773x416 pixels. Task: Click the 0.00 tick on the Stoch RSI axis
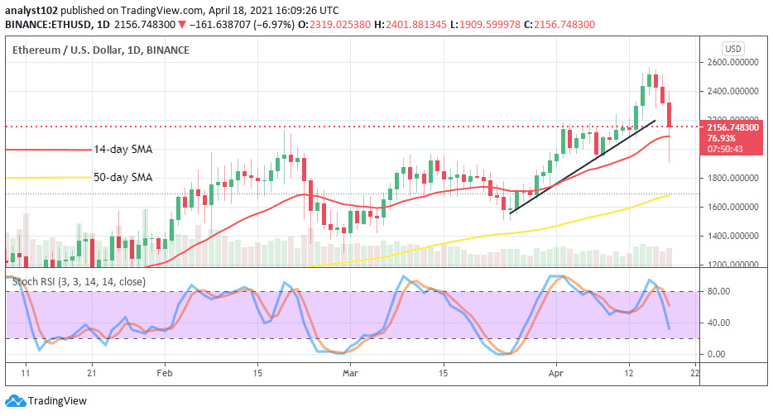pyautogui.click(x=715, y=354)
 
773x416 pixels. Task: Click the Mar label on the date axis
pyautogui.click(x=350, y=373)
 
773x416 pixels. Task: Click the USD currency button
pyautogui.click(x=733, y=48)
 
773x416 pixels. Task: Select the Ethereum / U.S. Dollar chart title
pyautogui.click(x=100, y=50)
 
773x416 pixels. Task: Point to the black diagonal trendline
pyautogui.click(x=579, y=166)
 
